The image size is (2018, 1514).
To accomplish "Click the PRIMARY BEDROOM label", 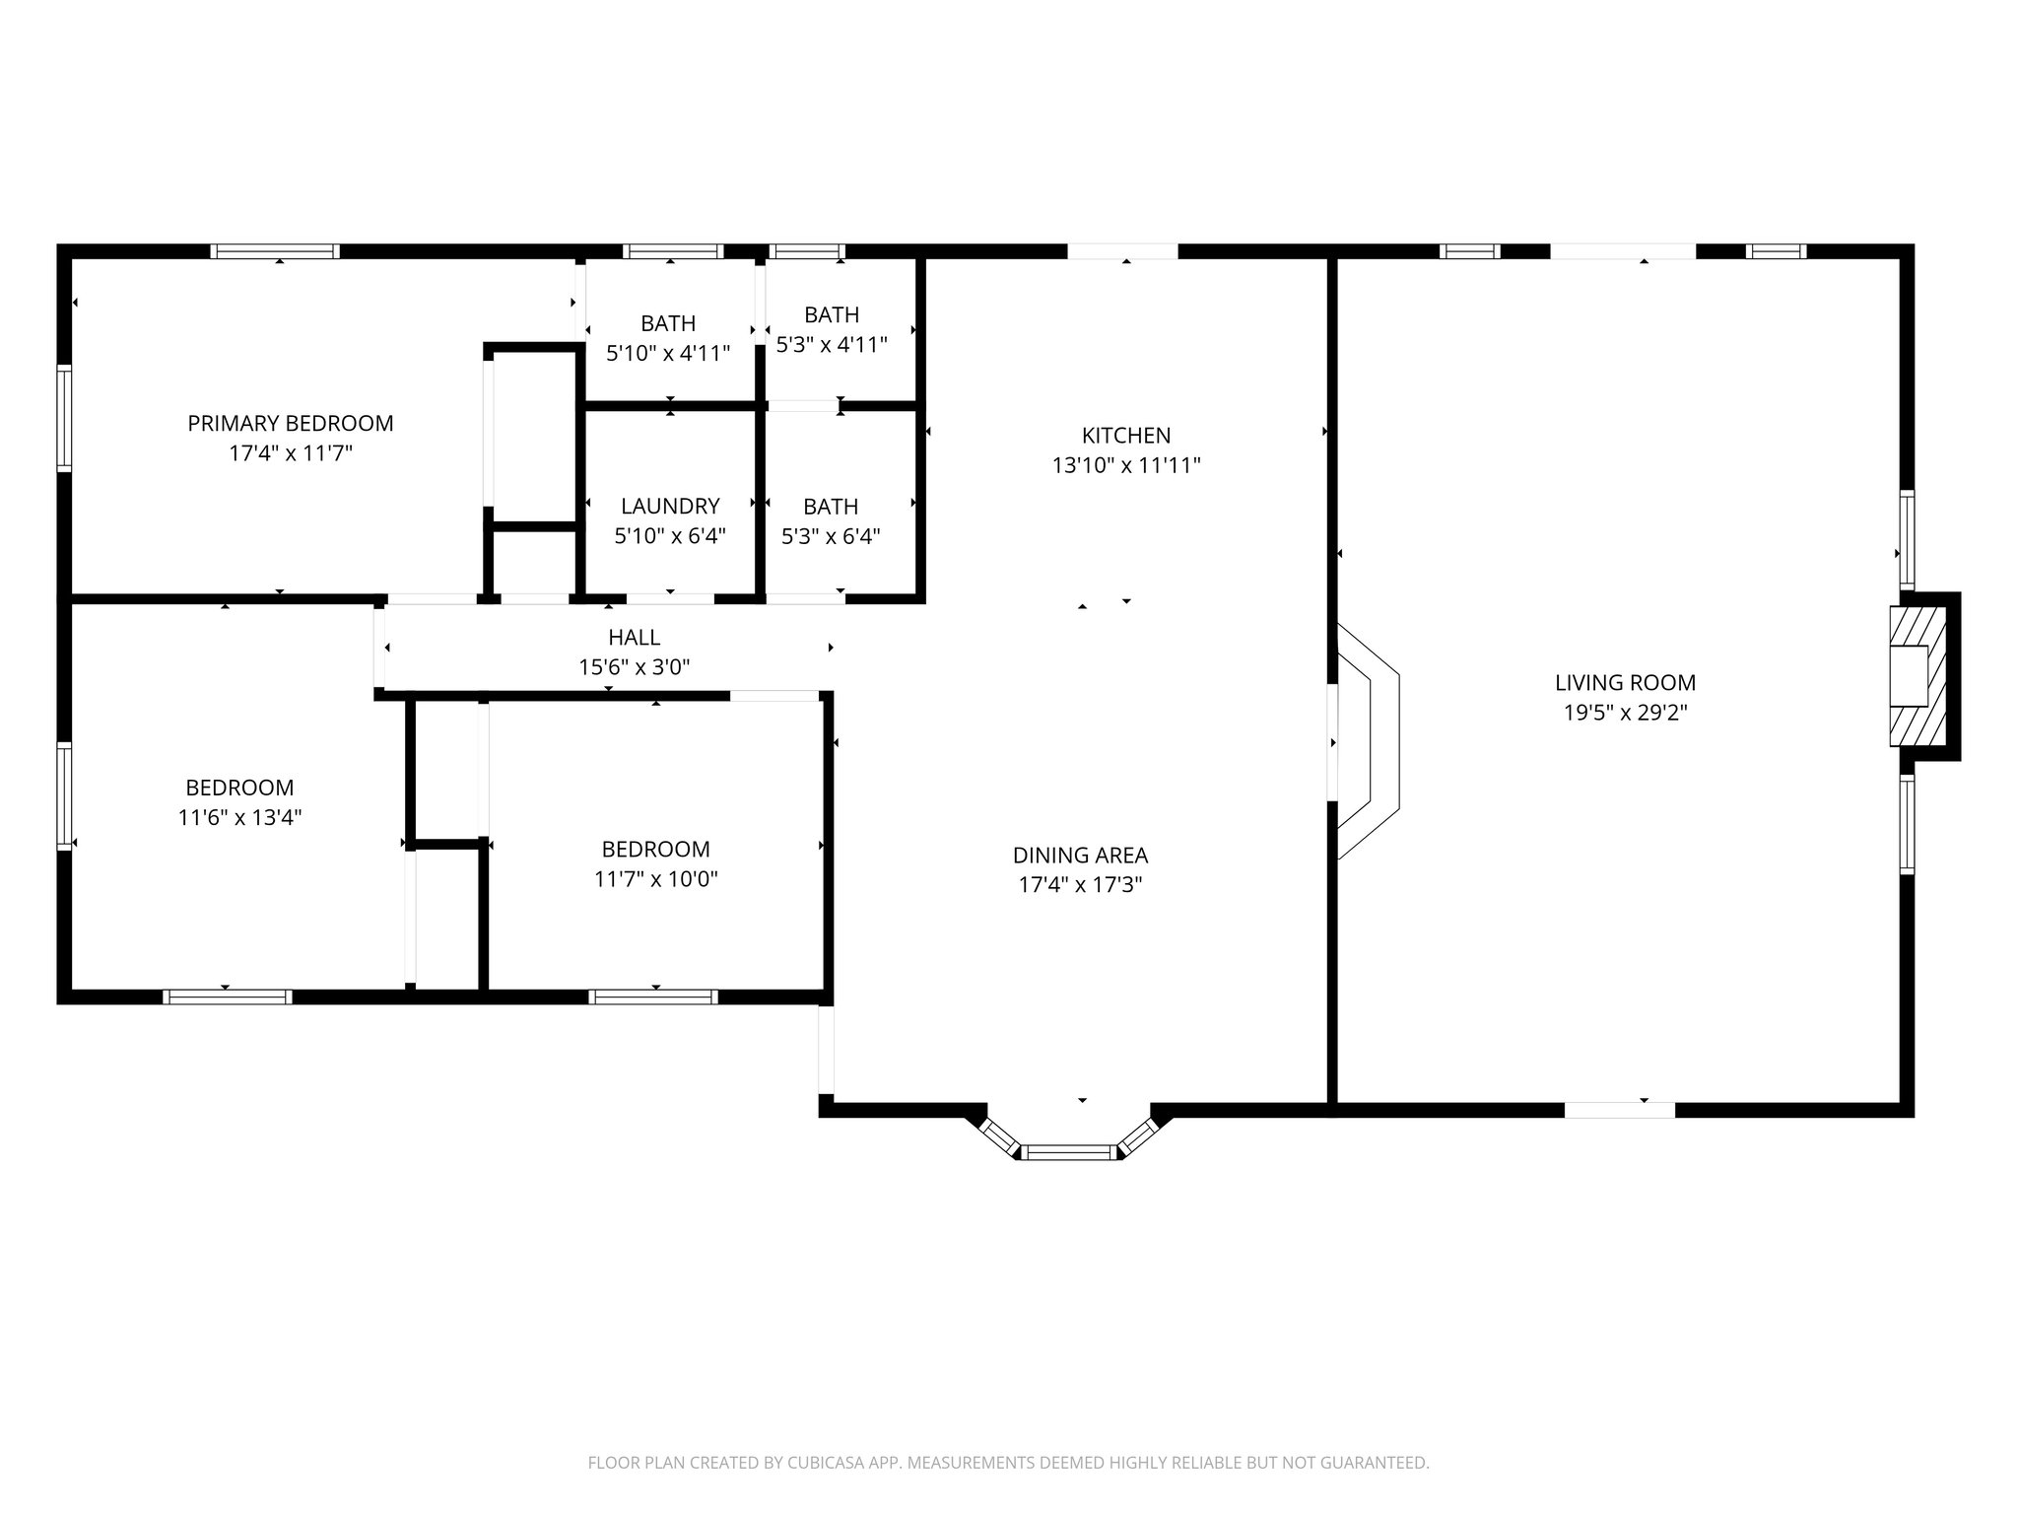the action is pyautogui.click(x=291, y=423).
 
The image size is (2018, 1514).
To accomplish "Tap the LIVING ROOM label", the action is pyautogui.click(x=1625, y=682).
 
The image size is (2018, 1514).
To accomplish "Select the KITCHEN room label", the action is pyautogui.click(x=1126, y=435).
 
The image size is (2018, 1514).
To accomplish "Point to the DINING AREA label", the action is pyautogui.click(x=1080, y=855).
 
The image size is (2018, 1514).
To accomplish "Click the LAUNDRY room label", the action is pyautogui.click(x=670, y=506).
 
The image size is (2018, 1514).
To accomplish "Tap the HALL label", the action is pyautogui.click(x=634, y=637).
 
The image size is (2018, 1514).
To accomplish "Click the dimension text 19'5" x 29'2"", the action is pyautogui.click(x=1626, y=713).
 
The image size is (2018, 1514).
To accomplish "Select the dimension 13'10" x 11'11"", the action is pyautogui.click(x=1126, y=465).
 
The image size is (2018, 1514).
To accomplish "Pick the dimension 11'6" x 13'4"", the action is pyautogui.click(x=239, y=817).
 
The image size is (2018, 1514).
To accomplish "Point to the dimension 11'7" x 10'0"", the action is pyautogui.click(x=655, y=879).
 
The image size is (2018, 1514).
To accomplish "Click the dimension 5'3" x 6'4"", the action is pyautogui.click(x=831, y=536).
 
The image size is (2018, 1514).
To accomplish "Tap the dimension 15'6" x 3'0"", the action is pyautogui.click(x=634, y=667).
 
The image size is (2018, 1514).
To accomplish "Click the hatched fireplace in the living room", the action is pyautogui.click(x=1917, y=676).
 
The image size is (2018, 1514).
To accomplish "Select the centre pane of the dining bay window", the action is pyautogui.click(x=1069, y=1151).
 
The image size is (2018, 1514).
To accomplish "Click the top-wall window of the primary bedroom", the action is pyautogui.click(x=275, y=251).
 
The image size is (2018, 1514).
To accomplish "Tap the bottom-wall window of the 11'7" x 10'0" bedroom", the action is pyautogui.click(x=653, y=997).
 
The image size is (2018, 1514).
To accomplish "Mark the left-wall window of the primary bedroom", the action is pyautogui.click(x=65, y=418).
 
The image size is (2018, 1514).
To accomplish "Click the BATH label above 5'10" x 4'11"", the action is pyautogui.click(x=668, y=323).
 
